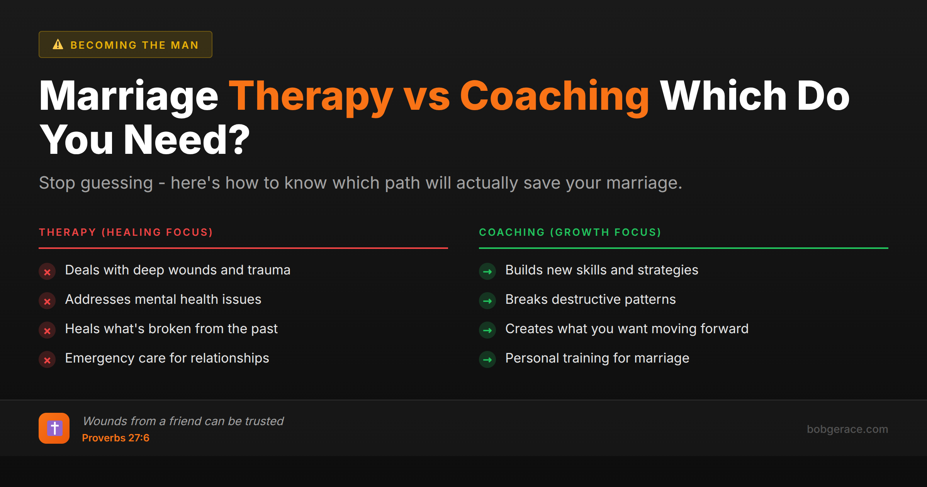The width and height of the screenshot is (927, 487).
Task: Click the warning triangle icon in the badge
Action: pos(58,44)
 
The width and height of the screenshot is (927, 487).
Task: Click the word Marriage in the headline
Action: pos(129,97)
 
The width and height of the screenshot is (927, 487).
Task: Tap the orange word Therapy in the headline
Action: pos(311,97)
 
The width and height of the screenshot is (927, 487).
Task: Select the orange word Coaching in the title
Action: pos(554,97)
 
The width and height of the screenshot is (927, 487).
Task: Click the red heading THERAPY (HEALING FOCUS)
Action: pos(126,232)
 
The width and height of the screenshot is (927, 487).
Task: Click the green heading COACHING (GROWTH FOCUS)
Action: pos(570,232)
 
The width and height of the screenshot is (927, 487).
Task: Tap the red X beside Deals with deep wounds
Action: pos(47,272)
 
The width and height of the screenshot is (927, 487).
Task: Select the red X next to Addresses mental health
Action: pos(47,301)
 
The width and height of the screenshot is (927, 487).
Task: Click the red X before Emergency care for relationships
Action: pos(47,360)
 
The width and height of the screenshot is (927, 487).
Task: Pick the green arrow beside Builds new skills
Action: pos(487,272)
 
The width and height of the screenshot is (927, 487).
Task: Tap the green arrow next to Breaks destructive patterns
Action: pos(487,301)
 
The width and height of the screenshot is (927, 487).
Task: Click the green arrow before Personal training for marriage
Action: pos(487,360)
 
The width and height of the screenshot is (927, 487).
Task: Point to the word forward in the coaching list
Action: pos(724,329)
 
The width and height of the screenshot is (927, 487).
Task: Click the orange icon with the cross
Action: pos(54,428)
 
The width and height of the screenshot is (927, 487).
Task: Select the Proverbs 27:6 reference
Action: pos(115,438)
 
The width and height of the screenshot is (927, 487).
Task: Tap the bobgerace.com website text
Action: pos(847,429)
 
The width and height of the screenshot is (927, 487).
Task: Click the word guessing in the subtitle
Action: pos(117,183)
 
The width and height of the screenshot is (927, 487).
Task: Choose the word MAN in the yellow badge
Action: pos(185,45)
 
